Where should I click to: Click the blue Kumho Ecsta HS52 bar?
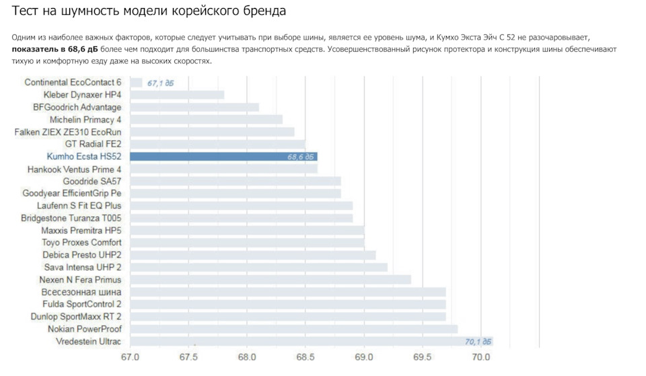point(222,157)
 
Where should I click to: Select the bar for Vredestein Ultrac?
point(310,342)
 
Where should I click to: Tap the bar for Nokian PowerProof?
point(293,329)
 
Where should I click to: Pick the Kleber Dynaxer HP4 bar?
point(177,95)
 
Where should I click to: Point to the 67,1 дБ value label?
point(161,83)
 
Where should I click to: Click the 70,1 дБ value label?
point(478,342)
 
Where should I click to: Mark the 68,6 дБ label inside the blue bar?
point(301,157)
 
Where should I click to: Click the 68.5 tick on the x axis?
point(306,356)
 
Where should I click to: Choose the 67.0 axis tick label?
point(130,356)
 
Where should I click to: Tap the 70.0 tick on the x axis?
point(480,356)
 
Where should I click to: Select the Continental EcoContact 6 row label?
point(73,82)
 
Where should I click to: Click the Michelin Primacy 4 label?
point(85,120)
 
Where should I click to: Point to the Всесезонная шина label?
point(81,292)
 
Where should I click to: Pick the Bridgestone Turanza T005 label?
point(71,218)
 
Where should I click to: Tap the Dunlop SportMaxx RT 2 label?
point(76,316)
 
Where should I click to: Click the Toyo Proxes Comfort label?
point(81,242)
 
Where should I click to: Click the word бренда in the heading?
point(263,11)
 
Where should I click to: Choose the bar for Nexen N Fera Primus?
point(270,280)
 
